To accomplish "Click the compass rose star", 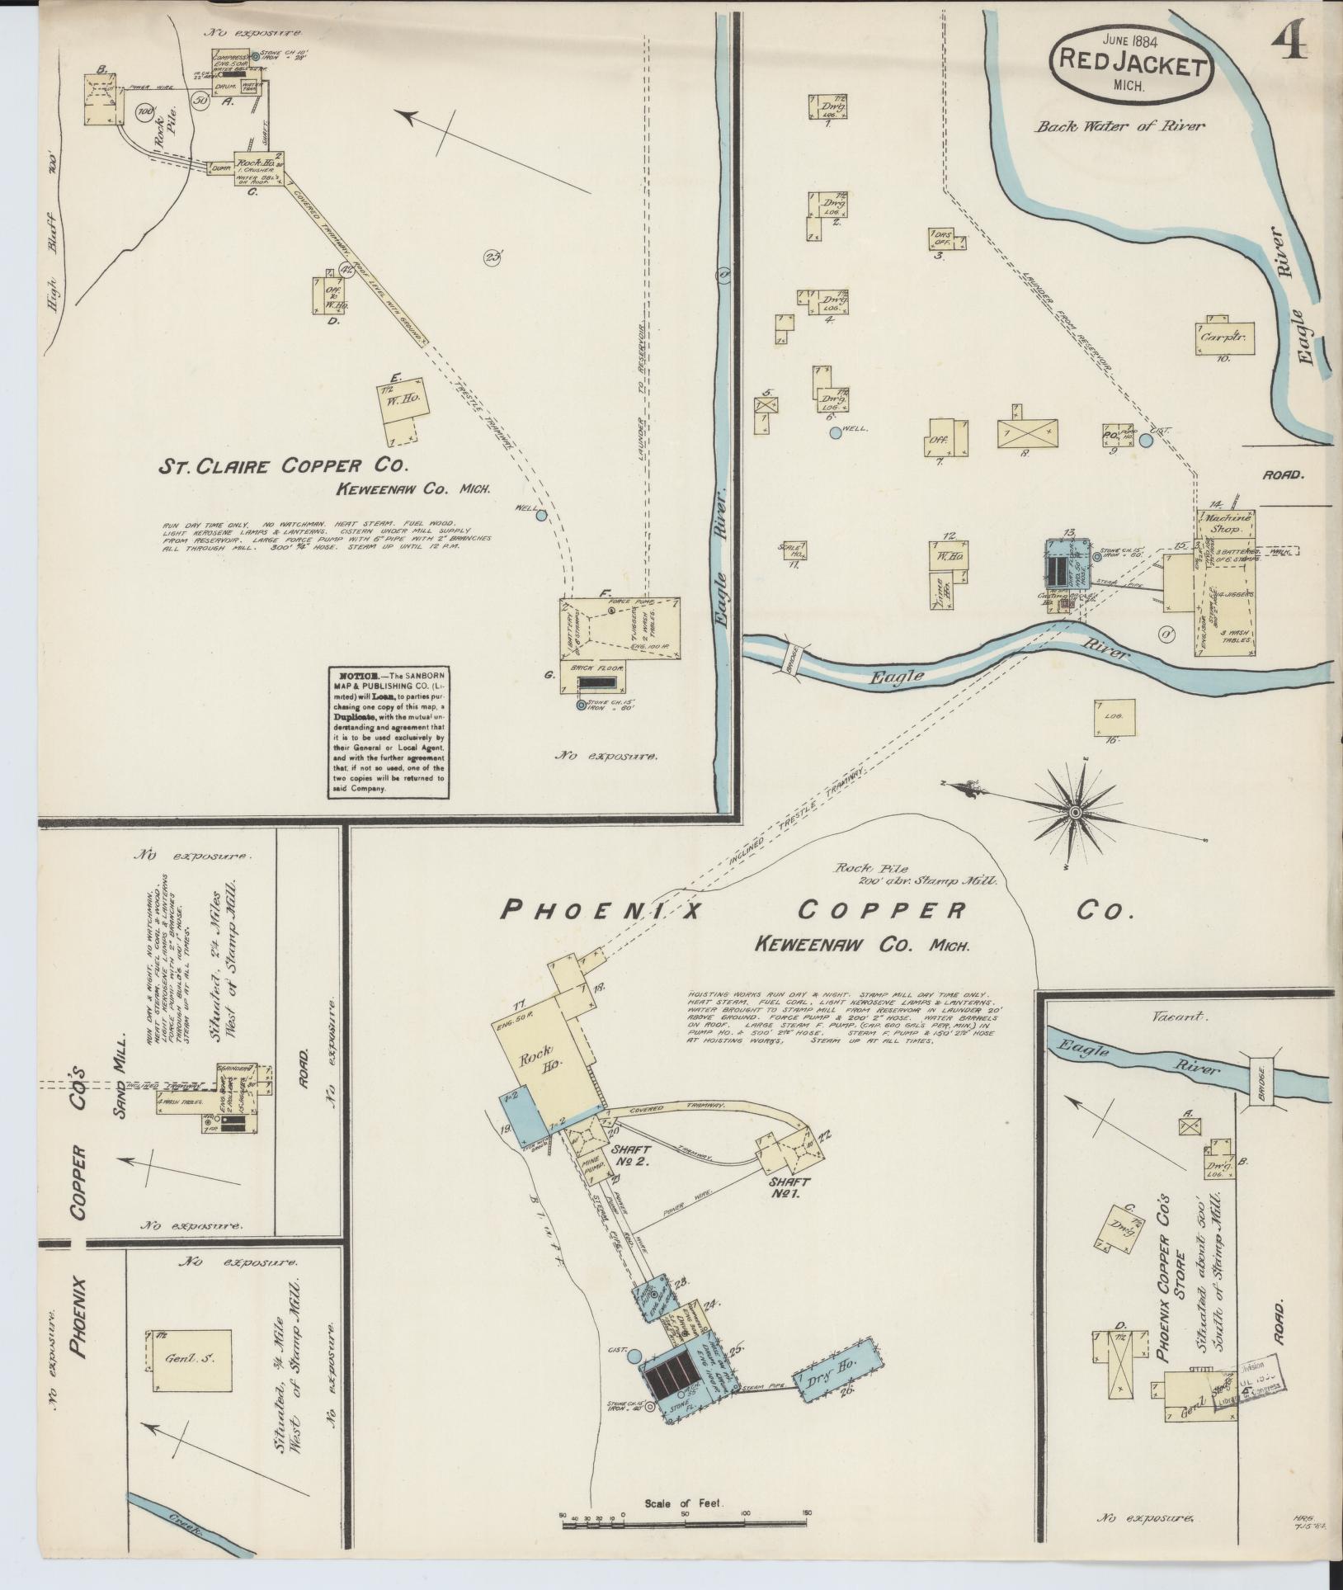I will point(1075,814).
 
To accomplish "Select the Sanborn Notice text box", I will point(388,732).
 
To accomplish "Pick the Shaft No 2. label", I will point(631,1154).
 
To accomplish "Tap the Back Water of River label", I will point(1120,126).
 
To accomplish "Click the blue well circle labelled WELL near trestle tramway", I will point(541,516).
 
